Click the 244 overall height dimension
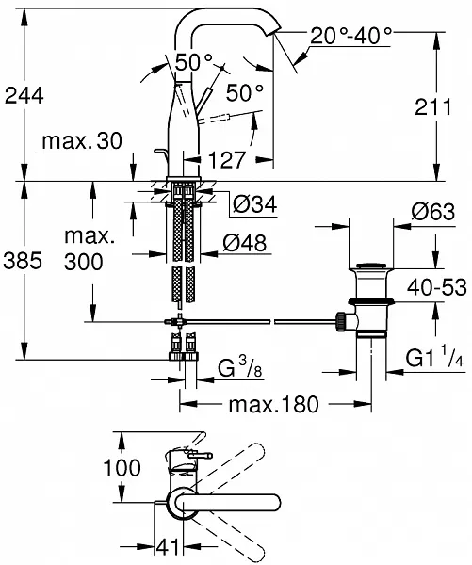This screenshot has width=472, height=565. pyautogui.click(x=24, y=96)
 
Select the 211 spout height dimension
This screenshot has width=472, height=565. pyautogui.click(x=433, y=107)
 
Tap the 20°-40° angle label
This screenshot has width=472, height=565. pyautogui.click(x=350, y=36)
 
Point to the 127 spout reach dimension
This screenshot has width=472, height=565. pyautogui.click(x=227, y=160)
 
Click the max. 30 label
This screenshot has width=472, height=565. pyautogui.click(x=82, y=141)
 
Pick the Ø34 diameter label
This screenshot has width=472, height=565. pyautogui.click(x=254, y=204)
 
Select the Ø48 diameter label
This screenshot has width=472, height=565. pyautogui.click(x=245, y=243)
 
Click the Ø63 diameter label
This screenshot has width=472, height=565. pyautogui.click(x=433, y=212)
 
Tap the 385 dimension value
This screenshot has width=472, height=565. pyautogui.click(x=23, y=261)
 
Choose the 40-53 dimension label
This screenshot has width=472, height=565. pyautogui.click(x=436, y=287)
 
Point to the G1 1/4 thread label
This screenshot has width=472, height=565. pyautogui.click(x=434, y=358)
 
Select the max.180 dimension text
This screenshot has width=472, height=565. pyautogui.click(x=274, y=404)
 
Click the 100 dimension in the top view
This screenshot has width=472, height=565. pyautogui.click(x=122, y=468)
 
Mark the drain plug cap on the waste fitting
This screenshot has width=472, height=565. pyautogui.click(x=371, y=266)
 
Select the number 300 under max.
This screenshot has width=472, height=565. pyautogui.click(x=84, y=262)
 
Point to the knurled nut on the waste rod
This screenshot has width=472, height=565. pyautogui.click(x=340, y=321)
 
